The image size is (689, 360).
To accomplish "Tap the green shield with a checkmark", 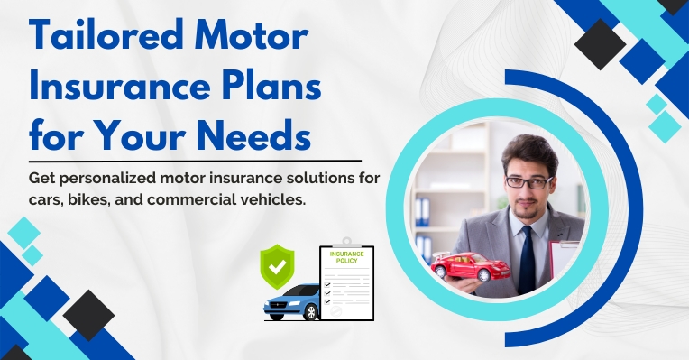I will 278,263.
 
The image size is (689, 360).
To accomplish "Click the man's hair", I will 527,150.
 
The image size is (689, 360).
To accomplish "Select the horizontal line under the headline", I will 195,162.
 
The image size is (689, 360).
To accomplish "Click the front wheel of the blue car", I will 308,313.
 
